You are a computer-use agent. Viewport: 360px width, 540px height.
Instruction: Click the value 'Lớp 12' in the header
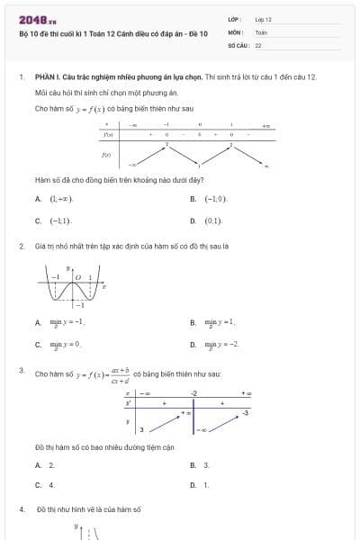(x=264, y=18)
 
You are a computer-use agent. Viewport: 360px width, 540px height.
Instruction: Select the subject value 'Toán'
(x=261, y=31)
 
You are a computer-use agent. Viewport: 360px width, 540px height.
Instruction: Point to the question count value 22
(x=258, y=44)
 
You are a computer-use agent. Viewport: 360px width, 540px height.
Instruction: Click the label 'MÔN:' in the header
(x=236, y=31)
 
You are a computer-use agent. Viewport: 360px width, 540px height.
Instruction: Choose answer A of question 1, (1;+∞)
(x=60, y=198)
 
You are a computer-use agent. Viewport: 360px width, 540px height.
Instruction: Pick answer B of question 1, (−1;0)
(x=216, y=198)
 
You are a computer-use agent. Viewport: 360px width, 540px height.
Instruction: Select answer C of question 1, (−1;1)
(x=60, y=220)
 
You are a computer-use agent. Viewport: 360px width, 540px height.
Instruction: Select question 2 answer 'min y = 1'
(x=220, y=321)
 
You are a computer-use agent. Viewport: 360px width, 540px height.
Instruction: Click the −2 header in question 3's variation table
(x=193, y=393)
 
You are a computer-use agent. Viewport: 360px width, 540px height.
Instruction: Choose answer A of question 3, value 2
(x=51, y=464)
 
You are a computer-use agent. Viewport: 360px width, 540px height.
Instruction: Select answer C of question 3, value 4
(x=51, y=484)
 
